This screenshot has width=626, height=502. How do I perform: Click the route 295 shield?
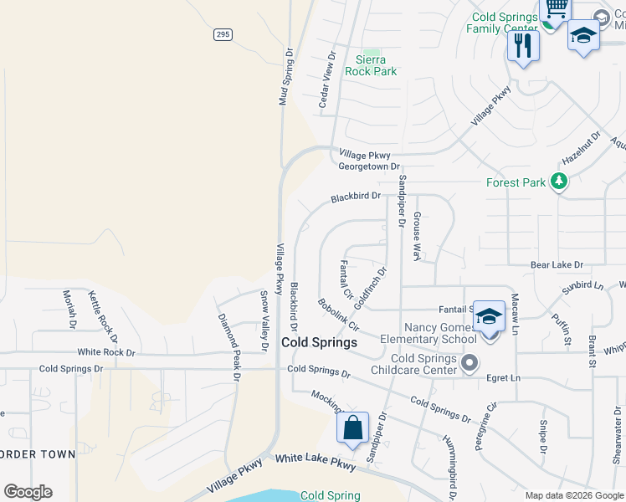(x=222, y=34)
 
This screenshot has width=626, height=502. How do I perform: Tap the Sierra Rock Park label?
(x=371, y=65)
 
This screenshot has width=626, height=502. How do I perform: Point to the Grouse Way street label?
(x=416, y=235)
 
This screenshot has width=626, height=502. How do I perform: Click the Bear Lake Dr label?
(x=557, y=264)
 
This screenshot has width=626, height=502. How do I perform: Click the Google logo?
(x=28, y=492)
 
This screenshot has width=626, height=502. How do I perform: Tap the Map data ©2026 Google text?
(x=573, y=495)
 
